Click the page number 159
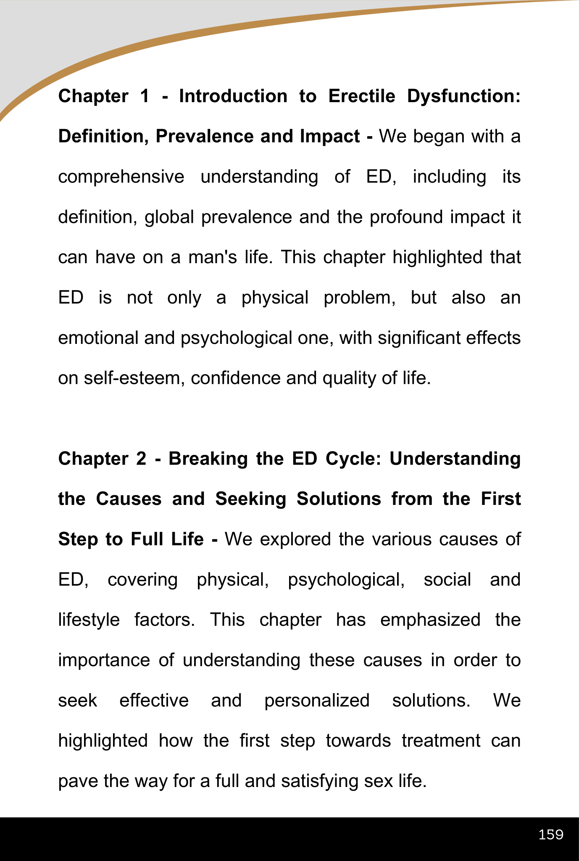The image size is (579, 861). click(x=550, y=834)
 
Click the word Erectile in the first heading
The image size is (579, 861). click(x=361, y=96)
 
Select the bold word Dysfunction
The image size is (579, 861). click(x=464, y=96)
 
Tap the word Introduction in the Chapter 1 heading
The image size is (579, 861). click(x=233, y=96)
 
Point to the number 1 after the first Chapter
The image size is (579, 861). click(x=144, y=96)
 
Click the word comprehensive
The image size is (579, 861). click(x=121, y=177)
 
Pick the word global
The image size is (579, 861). click(x=169, y=217)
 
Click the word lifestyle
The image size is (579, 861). click(x=89, y=620)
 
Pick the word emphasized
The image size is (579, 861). click(x=430, y=620)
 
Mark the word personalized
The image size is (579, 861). click(x=317, y=701)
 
